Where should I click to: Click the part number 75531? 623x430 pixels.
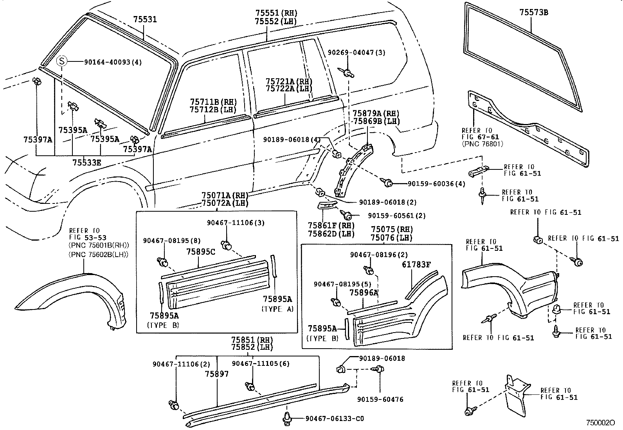coord(145,19)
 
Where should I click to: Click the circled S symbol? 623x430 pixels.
coord(62,61)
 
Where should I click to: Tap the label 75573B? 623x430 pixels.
coord(534,13)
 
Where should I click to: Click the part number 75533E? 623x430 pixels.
coord(86,162)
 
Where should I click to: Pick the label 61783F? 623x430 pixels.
coord(416,264)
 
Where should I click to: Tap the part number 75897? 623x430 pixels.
coord(216,374)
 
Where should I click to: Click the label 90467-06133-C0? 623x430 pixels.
coord(335,419)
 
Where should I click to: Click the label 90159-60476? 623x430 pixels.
coord(380,399)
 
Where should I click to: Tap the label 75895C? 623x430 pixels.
coord(201,252)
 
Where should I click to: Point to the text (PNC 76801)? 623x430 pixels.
coord(482,144)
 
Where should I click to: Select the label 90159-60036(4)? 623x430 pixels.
coord(436,184)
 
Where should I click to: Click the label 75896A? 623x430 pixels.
coord(364,293)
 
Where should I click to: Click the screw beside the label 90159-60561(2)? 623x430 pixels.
coord(346,215)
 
